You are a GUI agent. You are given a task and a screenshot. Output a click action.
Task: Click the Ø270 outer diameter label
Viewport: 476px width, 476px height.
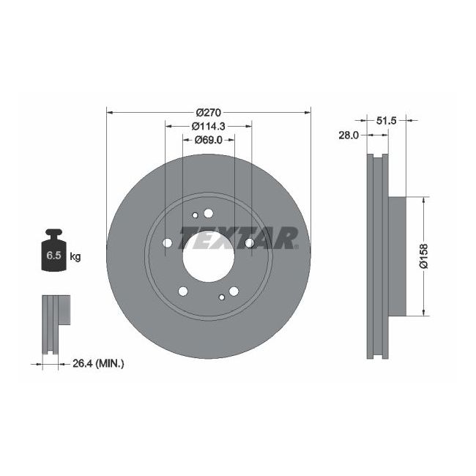tap(208, 112)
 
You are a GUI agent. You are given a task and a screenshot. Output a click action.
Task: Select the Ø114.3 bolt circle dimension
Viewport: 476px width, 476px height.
tap(208, 126)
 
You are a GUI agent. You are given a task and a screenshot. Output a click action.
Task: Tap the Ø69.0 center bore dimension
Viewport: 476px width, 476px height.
tap(208, 140)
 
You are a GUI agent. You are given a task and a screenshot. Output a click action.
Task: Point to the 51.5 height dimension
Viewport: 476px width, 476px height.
tap(386, 122)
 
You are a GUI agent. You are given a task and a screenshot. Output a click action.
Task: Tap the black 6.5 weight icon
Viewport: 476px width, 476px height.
tap(53, 253)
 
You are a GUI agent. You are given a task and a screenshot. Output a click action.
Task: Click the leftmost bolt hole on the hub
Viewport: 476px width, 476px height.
tap(167, 242)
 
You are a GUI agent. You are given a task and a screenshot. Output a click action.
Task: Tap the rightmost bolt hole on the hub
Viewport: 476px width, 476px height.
tap(250, 242)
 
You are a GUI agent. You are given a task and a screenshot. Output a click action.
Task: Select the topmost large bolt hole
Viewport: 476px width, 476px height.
tap(208, 213)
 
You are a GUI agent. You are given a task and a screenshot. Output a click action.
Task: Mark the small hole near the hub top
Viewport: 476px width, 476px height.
tap(195, 215)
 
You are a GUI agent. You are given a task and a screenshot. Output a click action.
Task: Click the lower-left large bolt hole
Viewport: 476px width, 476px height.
tap(182, 291)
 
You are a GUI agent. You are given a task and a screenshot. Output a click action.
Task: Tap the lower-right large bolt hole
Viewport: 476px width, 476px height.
tap(234, 291)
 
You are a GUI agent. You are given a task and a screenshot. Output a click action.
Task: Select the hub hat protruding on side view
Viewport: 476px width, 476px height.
tap(395, 256)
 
